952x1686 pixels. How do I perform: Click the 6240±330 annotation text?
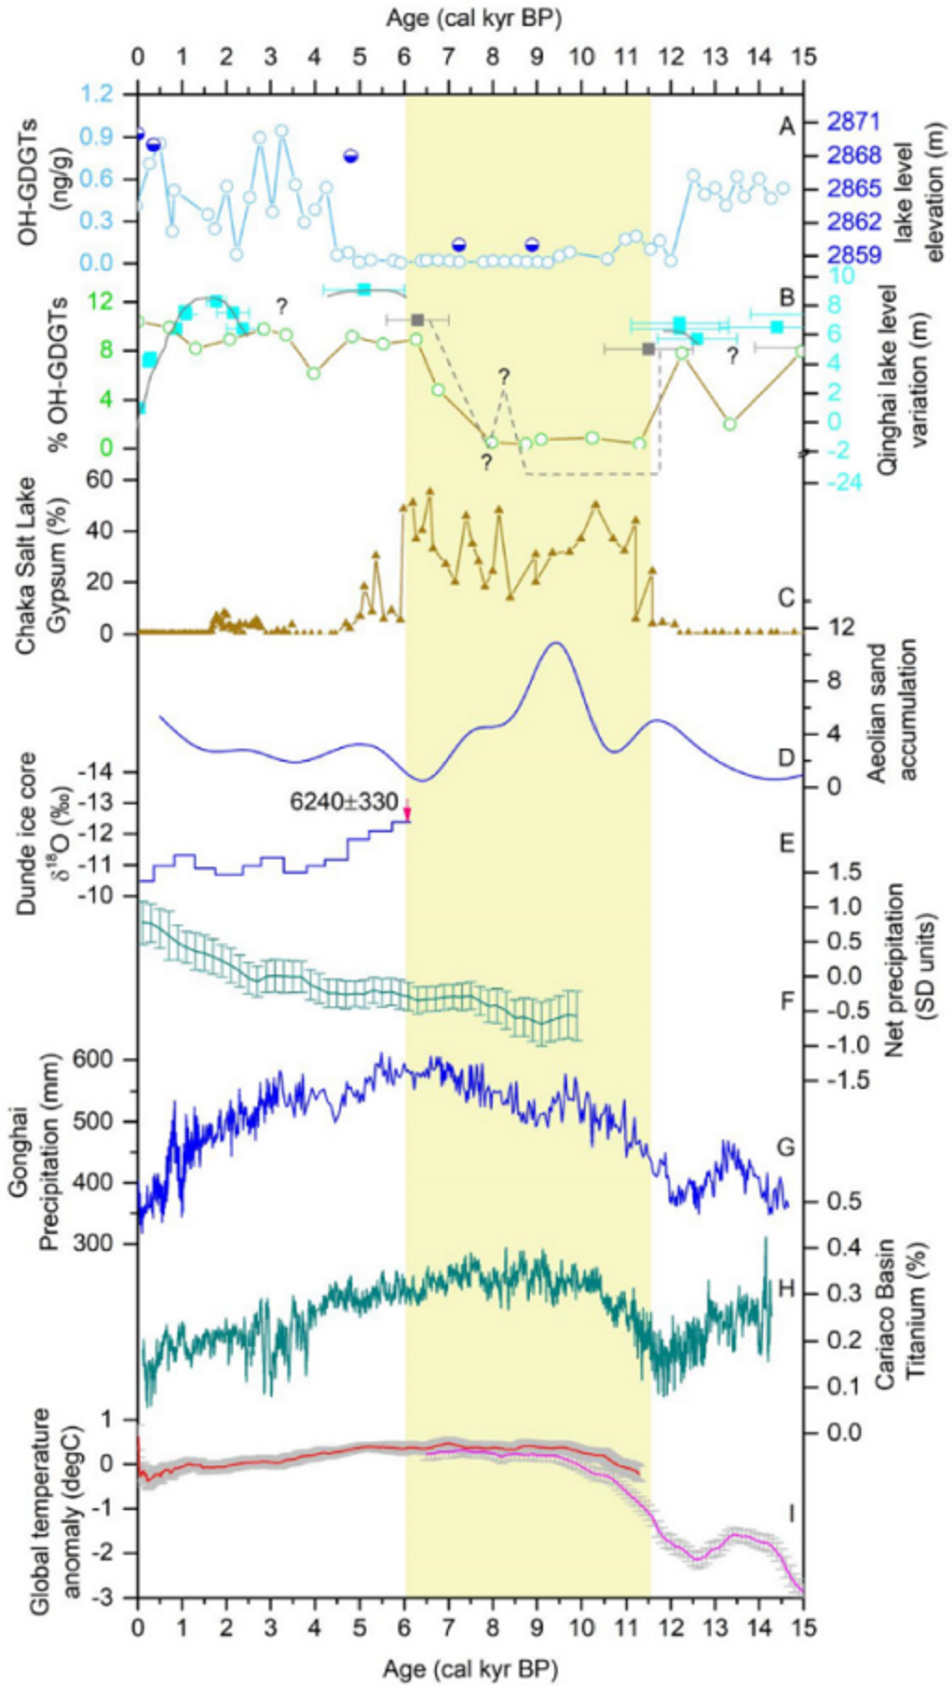pyautogui.click(x=344, y=802)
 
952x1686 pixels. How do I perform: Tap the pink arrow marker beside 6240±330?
pyautogui.click(x=406, y=814)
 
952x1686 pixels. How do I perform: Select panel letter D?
pyautogui.click(x=787, y=760)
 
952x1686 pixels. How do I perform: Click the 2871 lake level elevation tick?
pyautogui.click(x=852, y=122)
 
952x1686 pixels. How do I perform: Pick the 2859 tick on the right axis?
pyautogui.click(x=852, y=254)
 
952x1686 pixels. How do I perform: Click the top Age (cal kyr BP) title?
pyautogui.click(x=470, y=16)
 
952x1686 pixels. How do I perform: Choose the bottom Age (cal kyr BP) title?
pyautogui.click(x=470, y=1668)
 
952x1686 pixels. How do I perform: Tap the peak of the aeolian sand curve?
pyautogui.click(x=557, y=644)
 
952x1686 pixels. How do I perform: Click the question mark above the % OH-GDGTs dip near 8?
pyautogui.click(x=504, y=377)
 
